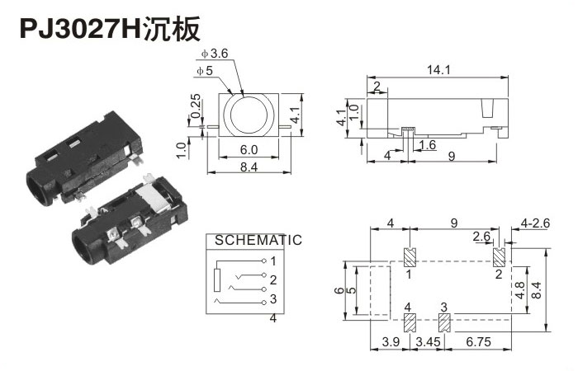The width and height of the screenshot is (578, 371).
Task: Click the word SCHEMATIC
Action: (x=258, y=241)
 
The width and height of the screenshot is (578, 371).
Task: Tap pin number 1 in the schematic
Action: (x=273, y=261)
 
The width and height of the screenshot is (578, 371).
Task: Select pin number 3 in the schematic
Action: (x=273, y=298)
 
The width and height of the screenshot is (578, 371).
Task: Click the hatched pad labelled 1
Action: (x=409, y=257)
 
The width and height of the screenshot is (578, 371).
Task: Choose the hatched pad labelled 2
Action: (x=499, y=257)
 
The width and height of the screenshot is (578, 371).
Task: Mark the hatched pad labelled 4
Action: (x=409, y=322)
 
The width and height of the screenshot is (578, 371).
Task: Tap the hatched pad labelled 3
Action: (x=444, y=322)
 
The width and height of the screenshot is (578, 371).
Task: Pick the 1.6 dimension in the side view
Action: (x=427, y=146)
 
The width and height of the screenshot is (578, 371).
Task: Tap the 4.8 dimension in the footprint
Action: (x=520, y=290)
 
